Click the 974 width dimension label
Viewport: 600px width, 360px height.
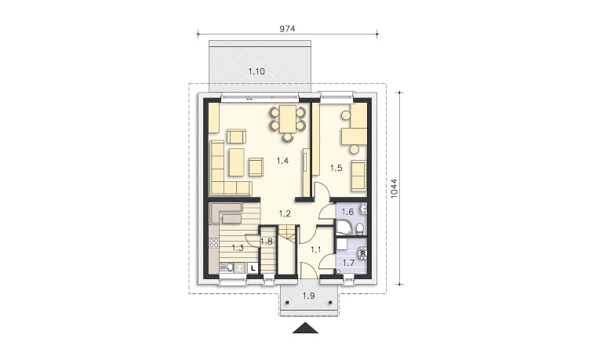coord(287,29)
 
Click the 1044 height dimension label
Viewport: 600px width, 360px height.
coord(395,188)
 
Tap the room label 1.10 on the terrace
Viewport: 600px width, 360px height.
coord(256,71)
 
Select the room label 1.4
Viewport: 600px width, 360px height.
coord(283,161)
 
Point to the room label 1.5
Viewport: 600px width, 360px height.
coord(336,168)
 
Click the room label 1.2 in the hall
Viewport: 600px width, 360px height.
coord(285,213)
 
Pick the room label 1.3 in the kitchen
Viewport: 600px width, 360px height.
coord(238,248)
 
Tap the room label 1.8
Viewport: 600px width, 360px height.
coord(267,242)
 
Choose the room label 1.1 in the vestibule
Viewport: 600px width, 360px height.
coord(316,250)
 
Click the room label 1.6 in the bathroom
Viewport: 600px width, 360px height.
coord(347,212)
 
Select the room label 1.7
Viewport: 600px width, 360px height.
coord(348,263)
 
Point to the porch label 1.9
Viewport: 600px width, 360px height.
coord(308,296)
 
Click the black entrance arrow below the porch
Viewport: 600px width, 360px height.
coord(305,329)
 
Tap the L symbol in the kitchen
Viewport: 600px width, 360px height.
coord(253,268)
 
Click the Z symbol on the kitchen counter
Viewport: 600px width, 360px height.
coord(239,268)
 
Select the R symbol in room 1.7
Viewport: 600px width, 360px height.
coord(363,253)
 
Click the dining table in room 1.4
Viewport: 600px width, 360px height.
coord(288,118)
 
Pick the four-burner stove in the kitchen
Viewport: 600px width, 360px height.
coord(214,242)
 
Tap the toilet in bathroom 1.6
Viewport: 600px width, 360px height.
coord(360,229)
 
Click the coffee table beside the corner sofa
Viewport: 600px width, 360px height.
coord(237,162)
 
